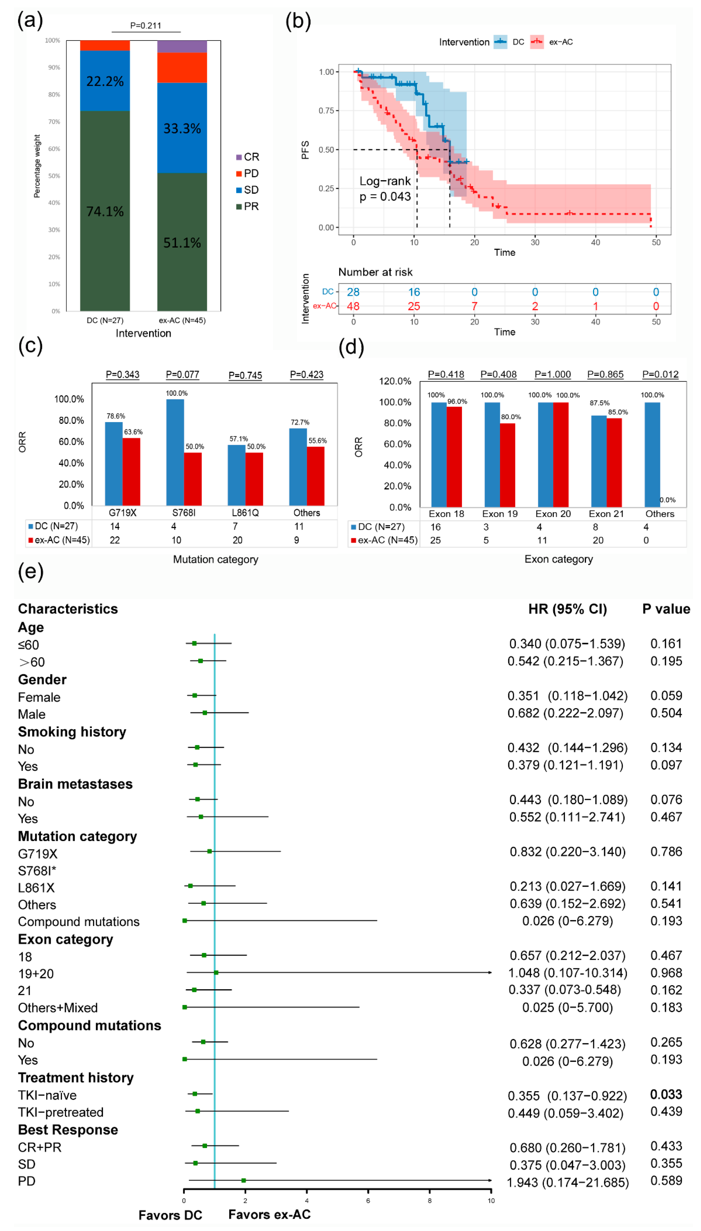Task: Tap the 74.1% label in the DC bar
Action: point(105,211)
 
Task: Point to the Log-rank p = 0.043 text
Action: point(385,189)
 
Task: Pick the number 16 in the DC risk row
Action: point(414,292)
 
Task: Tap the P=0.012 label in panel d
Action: point(660,374)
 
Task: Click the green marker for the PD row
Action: point(244,1180)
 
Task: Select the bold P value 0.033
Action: point(666,1094)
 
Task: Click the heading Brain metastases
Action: point(75,784)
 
